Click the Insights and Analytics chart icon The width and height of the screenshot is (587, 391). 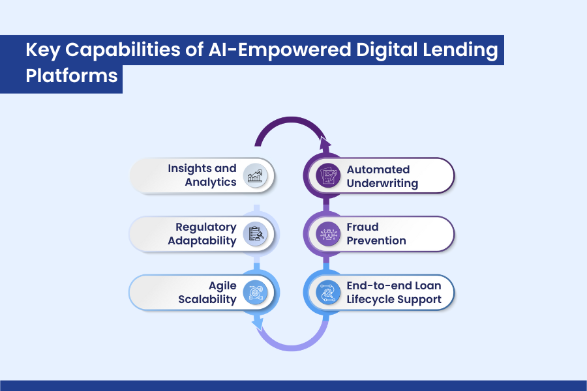click(x=256, y=175)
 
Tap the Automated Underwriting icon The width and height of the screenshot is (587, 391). click(x=328, y=175)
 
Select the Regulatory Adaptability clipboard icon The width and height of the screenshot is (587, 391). click(x=256, y=234)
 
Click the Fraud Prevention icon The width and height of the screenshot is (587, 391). click(x=328, y=234)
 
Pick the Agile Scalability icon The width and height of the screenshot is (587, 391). click(x=256, y=293)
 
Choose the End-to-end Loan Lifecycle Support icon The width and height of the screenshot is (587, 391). click(x=328, y=293)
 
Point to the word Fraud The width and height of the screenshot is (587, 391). click(x=362, y=227)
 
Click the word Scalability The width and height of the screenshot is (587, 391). click(x=208, y=300)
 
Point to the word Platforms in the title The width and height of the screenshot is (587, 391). click(x=72, y=75)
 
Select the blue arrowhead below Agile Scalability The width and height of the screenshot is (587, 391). click(x=258, y=323)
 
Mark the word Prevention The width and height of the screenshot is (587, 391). click(x=376, y=241)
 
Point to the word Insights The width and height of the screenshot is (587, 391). click(x=193, y=169)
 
